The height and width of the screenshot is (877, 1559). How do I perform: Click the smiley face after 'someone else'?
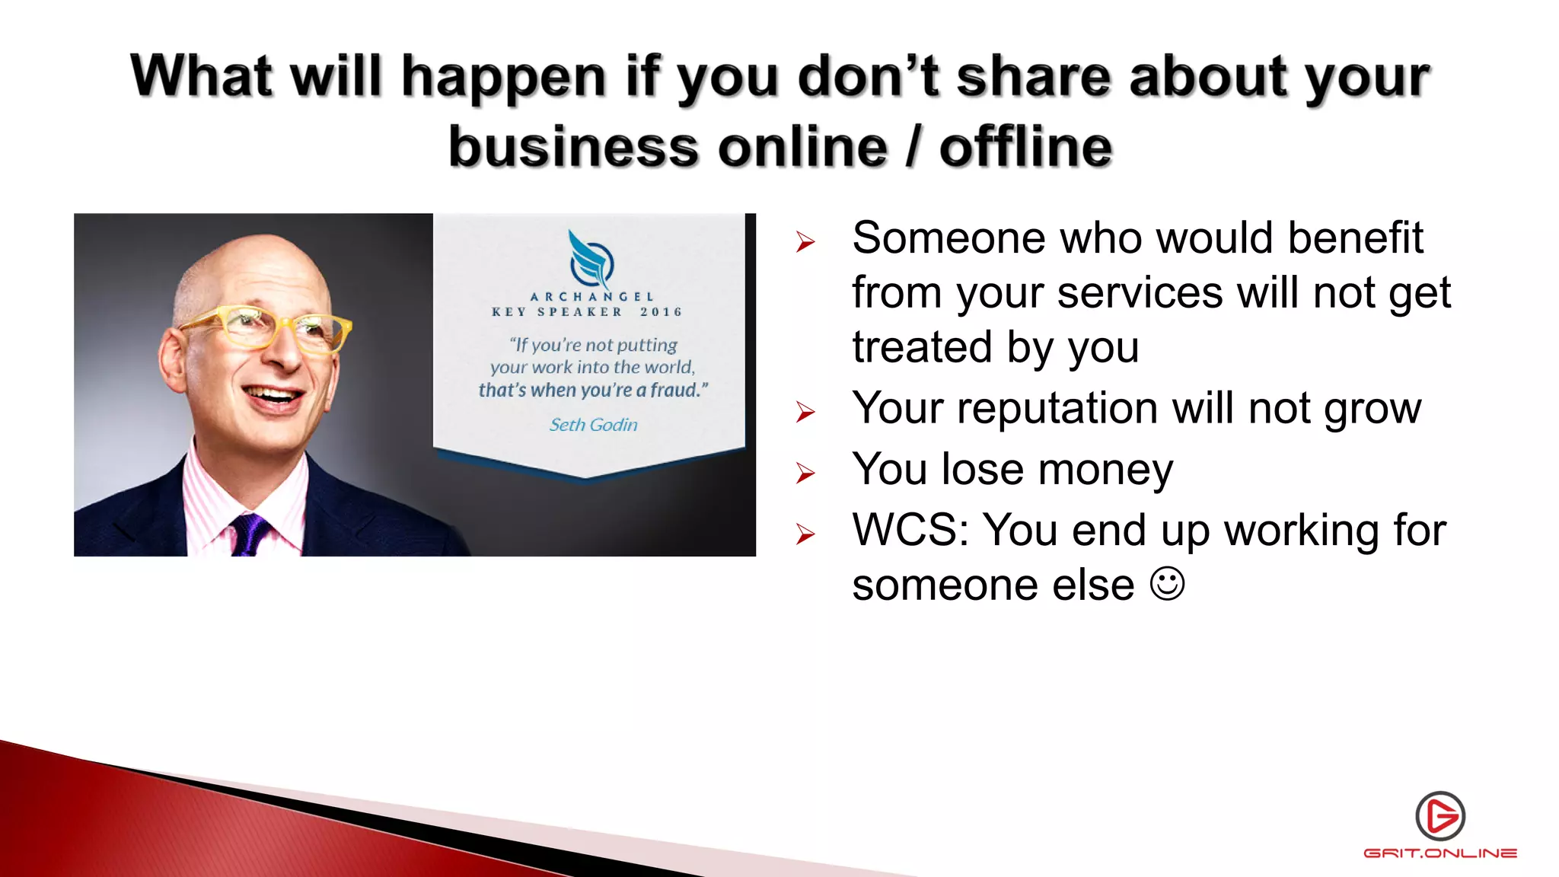[x=1167, y=585]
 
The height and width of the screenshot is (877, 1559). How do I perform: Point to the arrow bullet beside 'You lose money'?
[x=805, y=474]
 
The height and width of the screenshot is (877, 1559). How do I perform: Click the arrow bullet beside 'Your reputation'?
[x=805, y=412]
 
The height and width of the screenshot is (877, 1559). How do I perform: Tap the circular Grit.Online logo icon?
[x=1440, y=816]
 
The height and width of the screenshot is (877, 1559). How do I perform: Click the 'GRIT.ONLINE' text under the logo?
[x=1440, y=853]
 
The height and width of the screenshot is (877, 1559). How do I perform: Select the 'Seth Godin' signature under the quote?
[x=594, y=425]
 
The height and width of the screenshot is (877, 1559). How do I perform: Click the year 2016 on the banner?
[x=661, y=312]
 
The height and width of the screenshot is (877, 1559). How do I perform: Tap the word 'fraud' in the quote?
[x=674, y=391]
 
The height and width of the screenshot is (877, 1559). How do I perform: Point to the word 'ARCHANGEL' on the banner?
[x=591, y=297]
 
